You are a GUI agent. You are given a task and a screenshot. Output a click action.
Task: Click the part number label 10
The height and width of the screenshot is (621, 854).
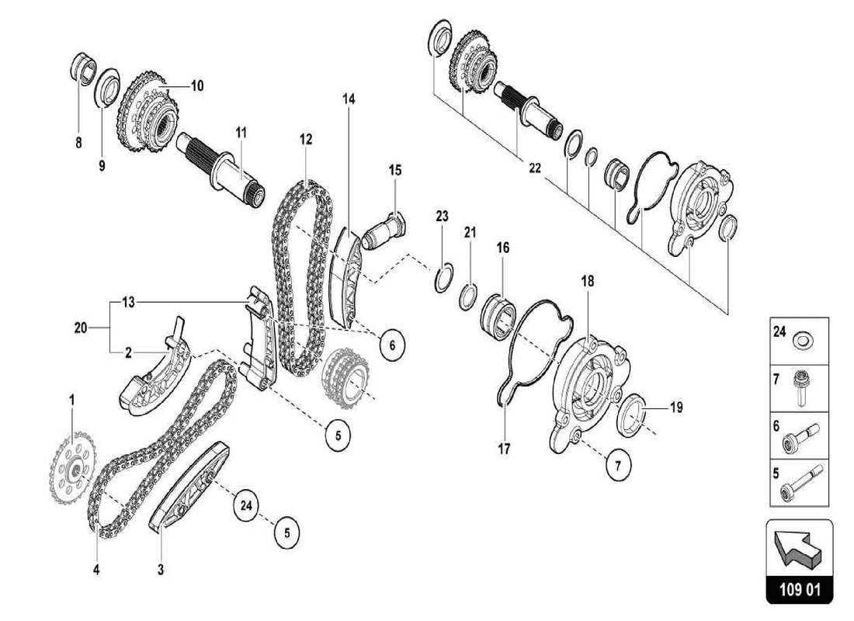[x=196, y=86]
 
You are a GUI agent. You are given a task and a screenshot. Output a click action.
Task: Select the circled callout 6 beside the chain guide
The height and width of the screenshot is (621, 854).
[x=392, y=344]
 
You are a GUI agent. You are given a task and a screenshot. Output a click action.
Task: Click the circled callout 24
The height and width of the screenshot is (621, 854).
[x=246, y=505]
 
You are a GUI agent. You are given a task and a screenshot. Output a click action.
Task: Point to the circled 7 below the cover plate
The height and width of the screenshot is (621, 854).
[x=618, y=466]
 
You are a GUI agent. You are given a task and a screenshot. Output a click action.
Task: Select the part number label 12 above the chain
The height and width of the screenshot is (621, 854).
[x=306, y=140]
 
